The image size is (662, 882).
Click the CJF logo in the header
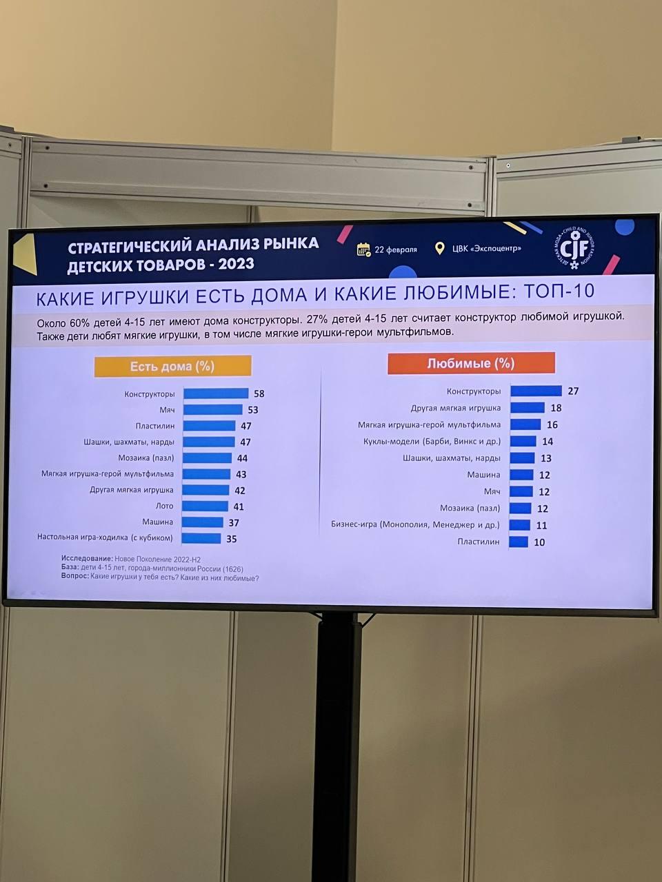[574, 247]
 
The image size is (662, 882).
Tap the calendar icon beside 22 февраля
[363, 249]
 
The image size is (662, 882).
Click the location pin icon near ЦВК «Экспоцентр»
[439, 249]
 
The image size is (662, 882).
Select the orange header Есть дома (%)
[172, 366]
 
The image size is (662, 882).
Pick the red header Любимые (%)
[471, 363]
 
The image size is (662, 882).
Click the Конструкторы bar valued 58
[216, 393]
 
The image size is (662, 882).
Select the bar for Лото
[205, 506]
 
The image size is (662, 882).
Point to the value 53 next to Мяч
[253, 410]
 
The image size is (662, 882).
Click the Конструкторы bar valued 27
[536, 391]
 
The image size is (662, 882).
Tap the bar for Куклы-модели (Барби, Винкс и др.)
[523, 441]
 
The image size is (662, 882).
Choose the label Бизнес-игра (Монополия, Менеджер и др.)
[415, 525]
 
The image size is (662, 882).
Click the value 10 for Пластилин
[539, 542]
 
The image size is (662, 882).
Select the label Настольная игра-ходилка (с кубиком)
[105, 537]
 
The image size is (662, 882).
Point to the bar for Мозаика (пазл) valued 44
[208, 458]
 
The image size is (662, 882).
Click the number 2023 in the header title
[236, 264]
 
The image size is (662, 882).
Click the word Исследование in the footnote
[86, 559]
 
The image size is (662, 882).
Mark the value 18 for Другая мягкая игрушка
[556, 408]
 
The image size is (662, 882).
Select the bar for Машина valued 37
[203, 522]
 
